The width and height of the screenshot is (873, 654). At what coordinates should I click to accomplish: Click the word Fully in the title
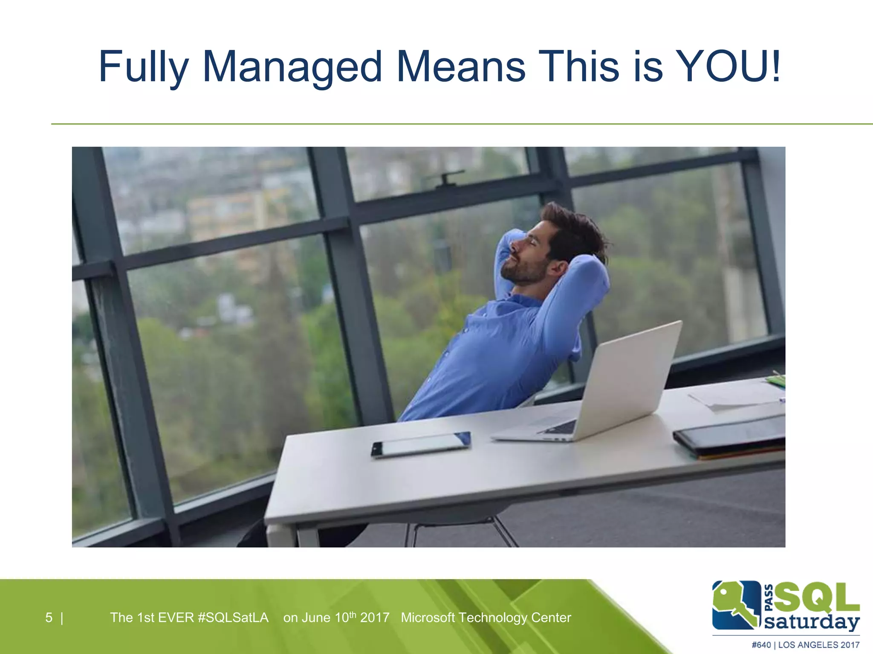pos(143,67)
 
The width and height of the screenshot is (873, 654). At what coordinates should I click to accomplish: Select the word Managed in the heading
pos(292,67)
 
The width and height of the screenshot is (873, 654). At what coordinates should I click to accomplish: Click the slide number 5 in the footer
pos(49,617)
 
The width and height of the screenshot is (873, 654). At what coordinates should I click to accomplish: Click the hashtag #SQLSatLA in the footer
pos(233,617)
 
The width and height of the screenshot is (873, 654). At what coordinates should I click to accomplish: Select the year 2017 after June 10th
pos(375,617)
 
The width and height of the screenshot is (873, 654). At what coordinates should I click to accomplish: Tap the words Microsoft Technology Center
pos(486,617)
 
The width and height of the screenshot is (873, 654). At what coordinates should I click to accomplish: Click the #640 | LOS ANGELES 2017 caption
pos(805,645)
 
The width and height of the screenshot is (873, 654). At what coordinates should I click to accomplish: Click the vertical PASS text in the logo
pos(769,598)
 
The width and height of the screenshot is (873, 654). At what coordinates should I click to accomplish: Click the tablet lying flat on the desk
pos(421,444)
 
